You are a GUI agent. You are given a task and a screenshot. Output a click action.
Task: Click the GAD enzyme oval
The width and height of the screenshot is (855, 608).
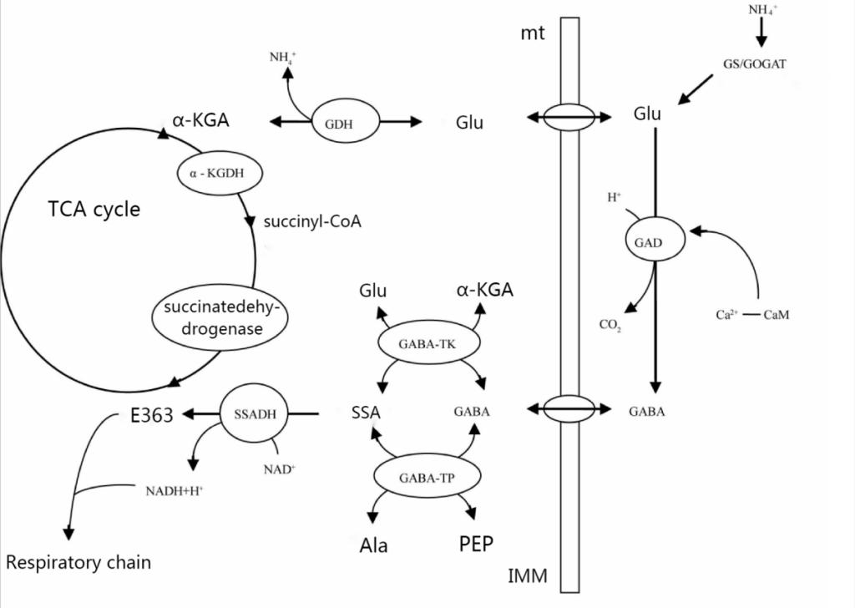point(655,241)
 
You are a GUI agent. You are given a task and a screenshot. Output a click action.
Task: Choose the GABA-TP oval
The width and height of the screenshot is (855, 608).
point(427,476)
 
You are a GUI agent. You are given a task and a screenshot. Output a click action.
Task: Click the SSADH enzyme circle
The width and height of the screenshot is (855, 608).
point(248,413)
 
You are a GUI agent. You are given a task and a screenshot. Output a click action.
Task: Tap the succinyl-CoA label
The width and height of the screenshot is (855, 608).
point(311,222)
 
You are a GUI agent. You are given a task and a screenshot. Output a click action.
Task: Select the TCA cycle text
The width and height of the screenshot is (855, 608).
point(93,209)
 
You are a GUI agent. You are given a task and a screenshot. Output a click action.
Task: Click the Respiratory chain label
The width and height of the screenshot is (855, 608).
point(79,562)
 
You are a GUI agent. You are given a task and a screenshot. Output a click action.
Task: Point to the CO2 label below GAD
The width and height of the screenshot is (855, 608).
point(610,326)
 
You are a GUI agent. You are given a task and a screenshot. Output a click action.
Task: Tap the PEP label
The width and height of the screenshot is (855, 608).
point(476,545)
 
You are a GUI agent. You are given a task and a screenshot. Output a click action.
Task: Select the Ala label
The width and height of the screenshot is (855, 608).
point(374,546)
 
